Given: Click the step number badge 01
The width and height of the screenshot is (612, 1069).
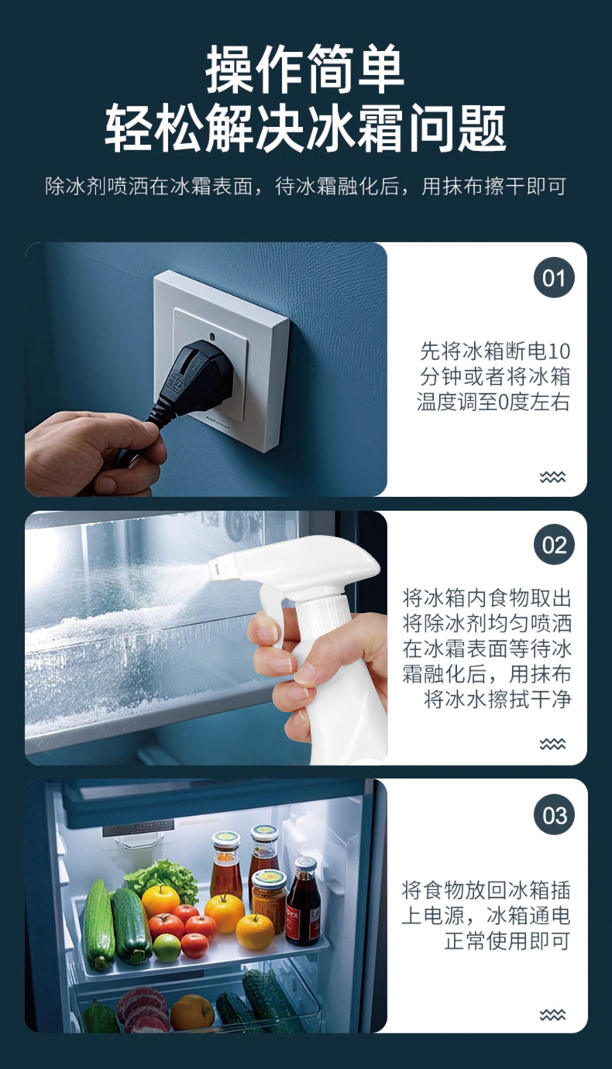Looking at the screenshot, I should pyautogui.click(x=554, y=278).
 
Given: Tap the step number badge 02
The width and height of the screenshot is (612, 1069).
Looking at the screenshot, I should pyautogui.click(x=554, y=546).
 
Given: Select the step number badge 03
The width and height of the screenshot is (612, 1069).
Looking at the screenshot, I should pyautogui.click(x=554, y=815).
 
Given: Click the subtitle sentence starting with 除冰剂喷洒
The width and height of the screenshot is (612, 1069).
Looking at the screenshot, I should pyautogui.click(x=305, y=187).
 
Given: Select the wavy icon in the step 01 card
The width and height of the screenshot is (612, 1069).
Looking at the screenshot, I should pyautogui.click(x=552, y=477).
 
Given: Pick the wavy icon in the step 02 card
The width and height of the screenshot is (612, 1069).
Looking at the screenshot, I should pyautogui.click(x=552, y=744).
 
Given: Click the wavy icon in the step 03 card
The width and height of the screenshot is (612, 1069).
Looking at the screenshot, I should pyautogui.click(x=552, y=1014).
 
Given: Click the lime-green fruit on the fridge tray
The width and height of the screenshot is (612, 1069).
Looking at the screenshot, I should pyautogui.click(x=167, y=947).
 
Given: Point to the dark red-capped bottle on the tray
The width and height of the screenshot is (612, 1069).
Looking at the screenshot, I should pyautogui.click(x=303, y=902).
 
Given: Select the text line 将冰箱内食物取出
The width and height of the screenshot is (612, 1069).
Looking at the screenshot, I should pyautogui.click(x=487, y=598).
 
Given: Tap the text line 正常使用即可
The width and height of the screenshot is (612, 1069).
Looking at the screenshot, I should pyautogui.click(x=507, y=941).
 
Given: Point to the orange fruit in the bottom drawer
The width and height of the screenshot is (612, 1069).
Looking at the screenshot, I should pyautogui.click(x=191, y=1012).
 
